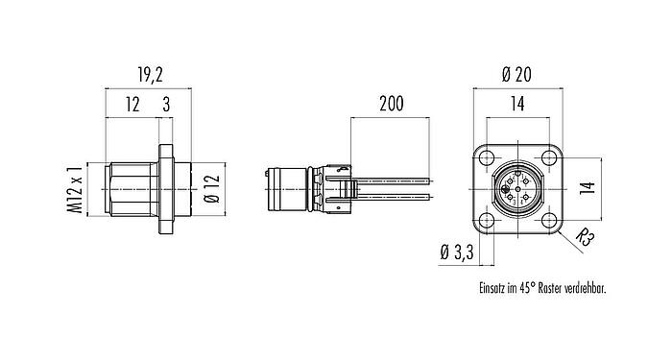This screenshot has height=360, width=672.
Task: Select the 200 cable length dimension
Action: (391, 106)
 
